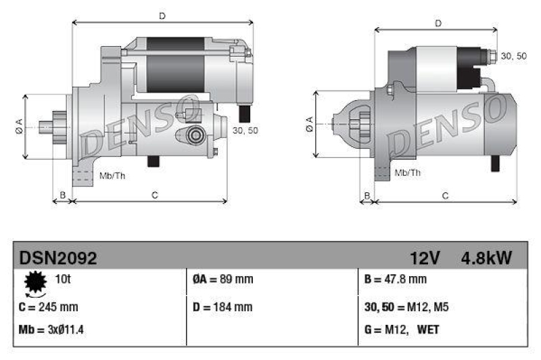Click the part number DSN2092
[x=58, y=258]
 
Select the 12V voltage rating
[x=425, y=258]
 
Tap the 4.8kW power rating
[x=486, y=258]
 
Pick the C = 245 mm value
[x=49, y=307]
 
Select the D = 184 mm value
[x=223, y=307]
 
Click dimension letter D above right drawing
[x=438, y=23]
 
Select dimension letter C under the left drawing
[x=154, y=196]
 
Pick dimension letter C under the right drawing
[x=445, y=196]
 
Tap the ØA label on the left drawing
[x=19, y=125]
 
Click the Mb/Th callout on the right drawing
[x=407, y=173]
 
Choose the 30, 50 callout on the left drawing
[x=245, y=130]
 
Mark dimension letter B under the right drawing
[x=367, y=196]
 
